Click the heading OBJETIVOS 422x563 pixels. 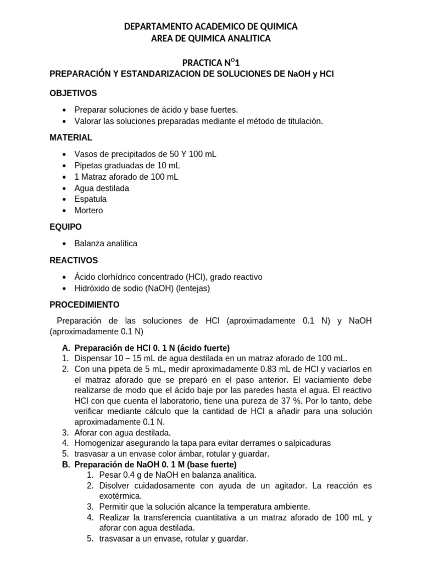click(73, 93)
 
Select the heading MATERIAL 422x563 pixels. click(71, 137)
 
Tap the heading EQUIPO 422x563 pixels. click(66, 226)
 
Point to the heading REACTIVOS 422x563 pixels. click(74, 260)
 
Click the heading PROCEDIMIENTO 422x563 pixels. click(84, 304)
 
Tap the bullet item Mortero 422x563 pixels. click(88, 210)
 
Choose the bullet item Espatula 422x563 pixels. click(91, 199)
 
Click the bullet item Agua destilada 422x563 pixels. click(102, 188)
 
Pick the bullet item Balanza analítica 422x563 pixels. click(105, 243)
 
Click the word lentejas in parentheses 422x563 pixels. click(192, 288)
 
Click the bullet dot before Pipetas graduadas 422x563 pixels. click(65, 165)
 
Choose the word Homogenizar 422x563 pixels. click(98, 443)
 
